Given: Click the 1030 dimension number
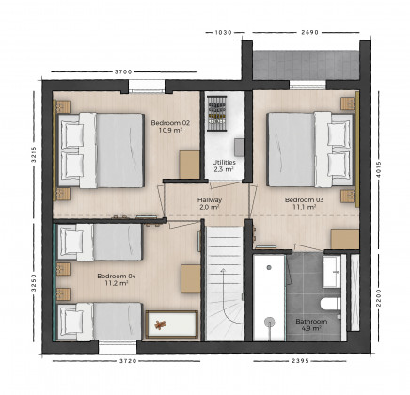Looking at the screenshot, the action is (224, 32).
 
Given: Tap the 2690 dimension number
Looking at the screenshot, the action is (309, 32).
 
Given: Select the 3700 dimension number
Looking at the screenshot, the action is (123, 72).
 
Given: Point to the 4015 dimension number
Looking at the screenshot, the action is (379, 169).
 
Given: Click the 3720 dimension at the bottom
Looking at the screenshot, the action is (128, 361).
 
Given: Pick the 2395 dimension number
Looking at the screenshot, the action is (300, 361).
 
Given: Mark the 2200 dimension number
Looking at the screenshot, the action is (379, 297).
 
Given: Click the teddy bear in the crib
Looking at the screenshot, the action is (160, 324).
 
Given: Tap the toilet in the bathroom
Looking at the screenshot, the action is (330, 304).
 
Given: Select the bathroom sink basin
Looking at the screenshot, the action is (331, 272).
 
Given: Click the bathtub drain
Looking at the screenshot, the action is (269, 267).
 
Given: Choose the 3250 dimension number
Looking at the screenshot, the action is (34, 283).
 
